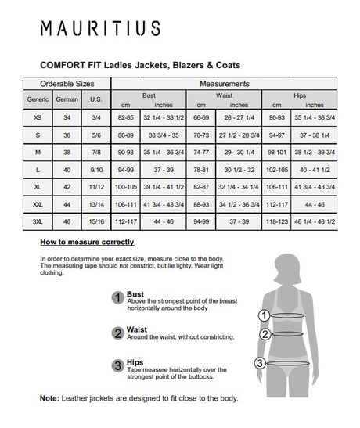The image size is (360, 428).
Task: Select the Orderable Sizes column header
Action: coord(67,84)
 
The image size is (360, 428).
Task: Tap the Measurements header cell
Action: coord(225,84)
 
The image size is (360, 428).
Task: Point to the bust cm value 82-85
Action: coord(126,117)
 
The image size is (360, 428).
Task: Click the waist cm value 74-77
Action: coord(200,151)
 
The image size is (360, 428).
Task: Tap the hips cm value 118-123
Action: coord(277,221)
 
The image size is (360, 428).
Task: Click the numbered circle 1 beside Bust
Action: coord(118,297)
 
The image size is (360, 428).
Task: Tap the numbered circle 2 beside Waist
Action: coord(118,332)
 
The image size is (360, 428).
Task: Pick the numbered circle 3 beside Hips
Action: coord(118,365)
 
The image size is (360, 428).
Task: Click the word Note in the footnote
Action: coord(49,398)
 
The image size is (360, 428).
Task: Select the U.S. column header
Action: coord(96,99)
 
